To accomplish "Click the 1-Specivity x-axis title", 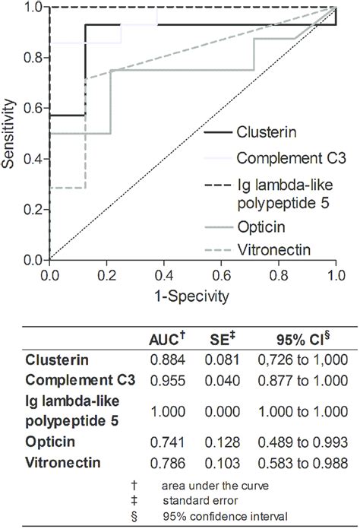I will [x=192, y=293].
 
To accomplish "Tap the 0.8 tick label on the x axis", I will [x=279, y=274].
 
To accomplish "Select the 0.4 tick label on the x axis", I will [x=164, y=274].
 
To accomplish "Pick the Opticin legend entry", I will [x=260, y=226].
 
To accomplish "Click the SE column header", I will [x=224, y=340].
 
